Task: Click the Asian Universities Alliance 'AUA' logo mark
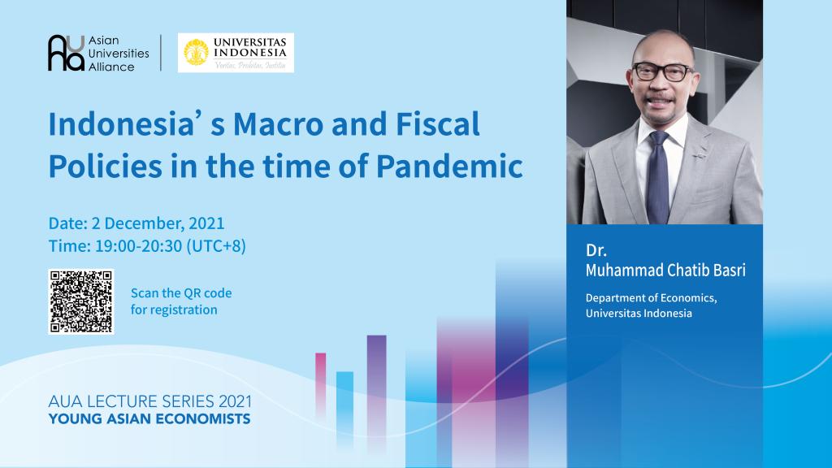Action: pyautogui.click(x=66, y=53)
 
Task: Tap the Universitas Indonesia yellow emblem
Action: pyautogui.click(x=196, y=53)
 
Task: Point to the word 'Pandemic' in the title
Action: pyautogui.click(x=449, y=167)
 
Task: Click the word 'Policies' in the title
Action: pyautogui.click(x=105, y=167)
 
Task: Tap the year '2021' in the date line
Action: pyautogui.click(x=206, y=223)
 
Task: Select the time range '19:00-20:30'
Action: pyautogui.click(x=138, y=246)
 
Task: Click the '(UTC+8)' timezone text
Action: pyautogui.click(x=216, y=246)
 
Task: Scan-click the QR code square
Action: pyautogui.click(x=81, y=301)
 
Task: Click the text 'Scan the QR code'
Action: pyautogui.click(x=181, y=292)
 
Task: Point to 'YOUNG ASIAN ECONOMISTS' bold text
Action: pyautogui.click(x=149, y=419)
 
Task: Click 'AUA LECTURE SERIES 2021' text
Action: pyautogui.click(x=150, y=401)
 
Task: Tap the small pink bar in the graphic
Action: pyautogui.click(x=320, y=384)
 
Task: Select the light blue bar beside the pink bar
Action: pyautogui.click(x=344, y=406)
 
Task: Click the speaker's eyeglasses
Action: pyautogui.click(x=663, y=71)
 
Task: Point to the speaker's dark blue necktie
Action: pyautogui.click(x=658, y=178)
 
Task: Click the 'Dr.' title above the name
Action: pyautogui.click(x=596, y=250)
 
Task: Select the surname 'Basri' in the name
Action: pyautogui.click(x=729, y=271)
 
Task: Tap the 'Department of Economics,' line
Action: pyautogui.click(x=651, y=298)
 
